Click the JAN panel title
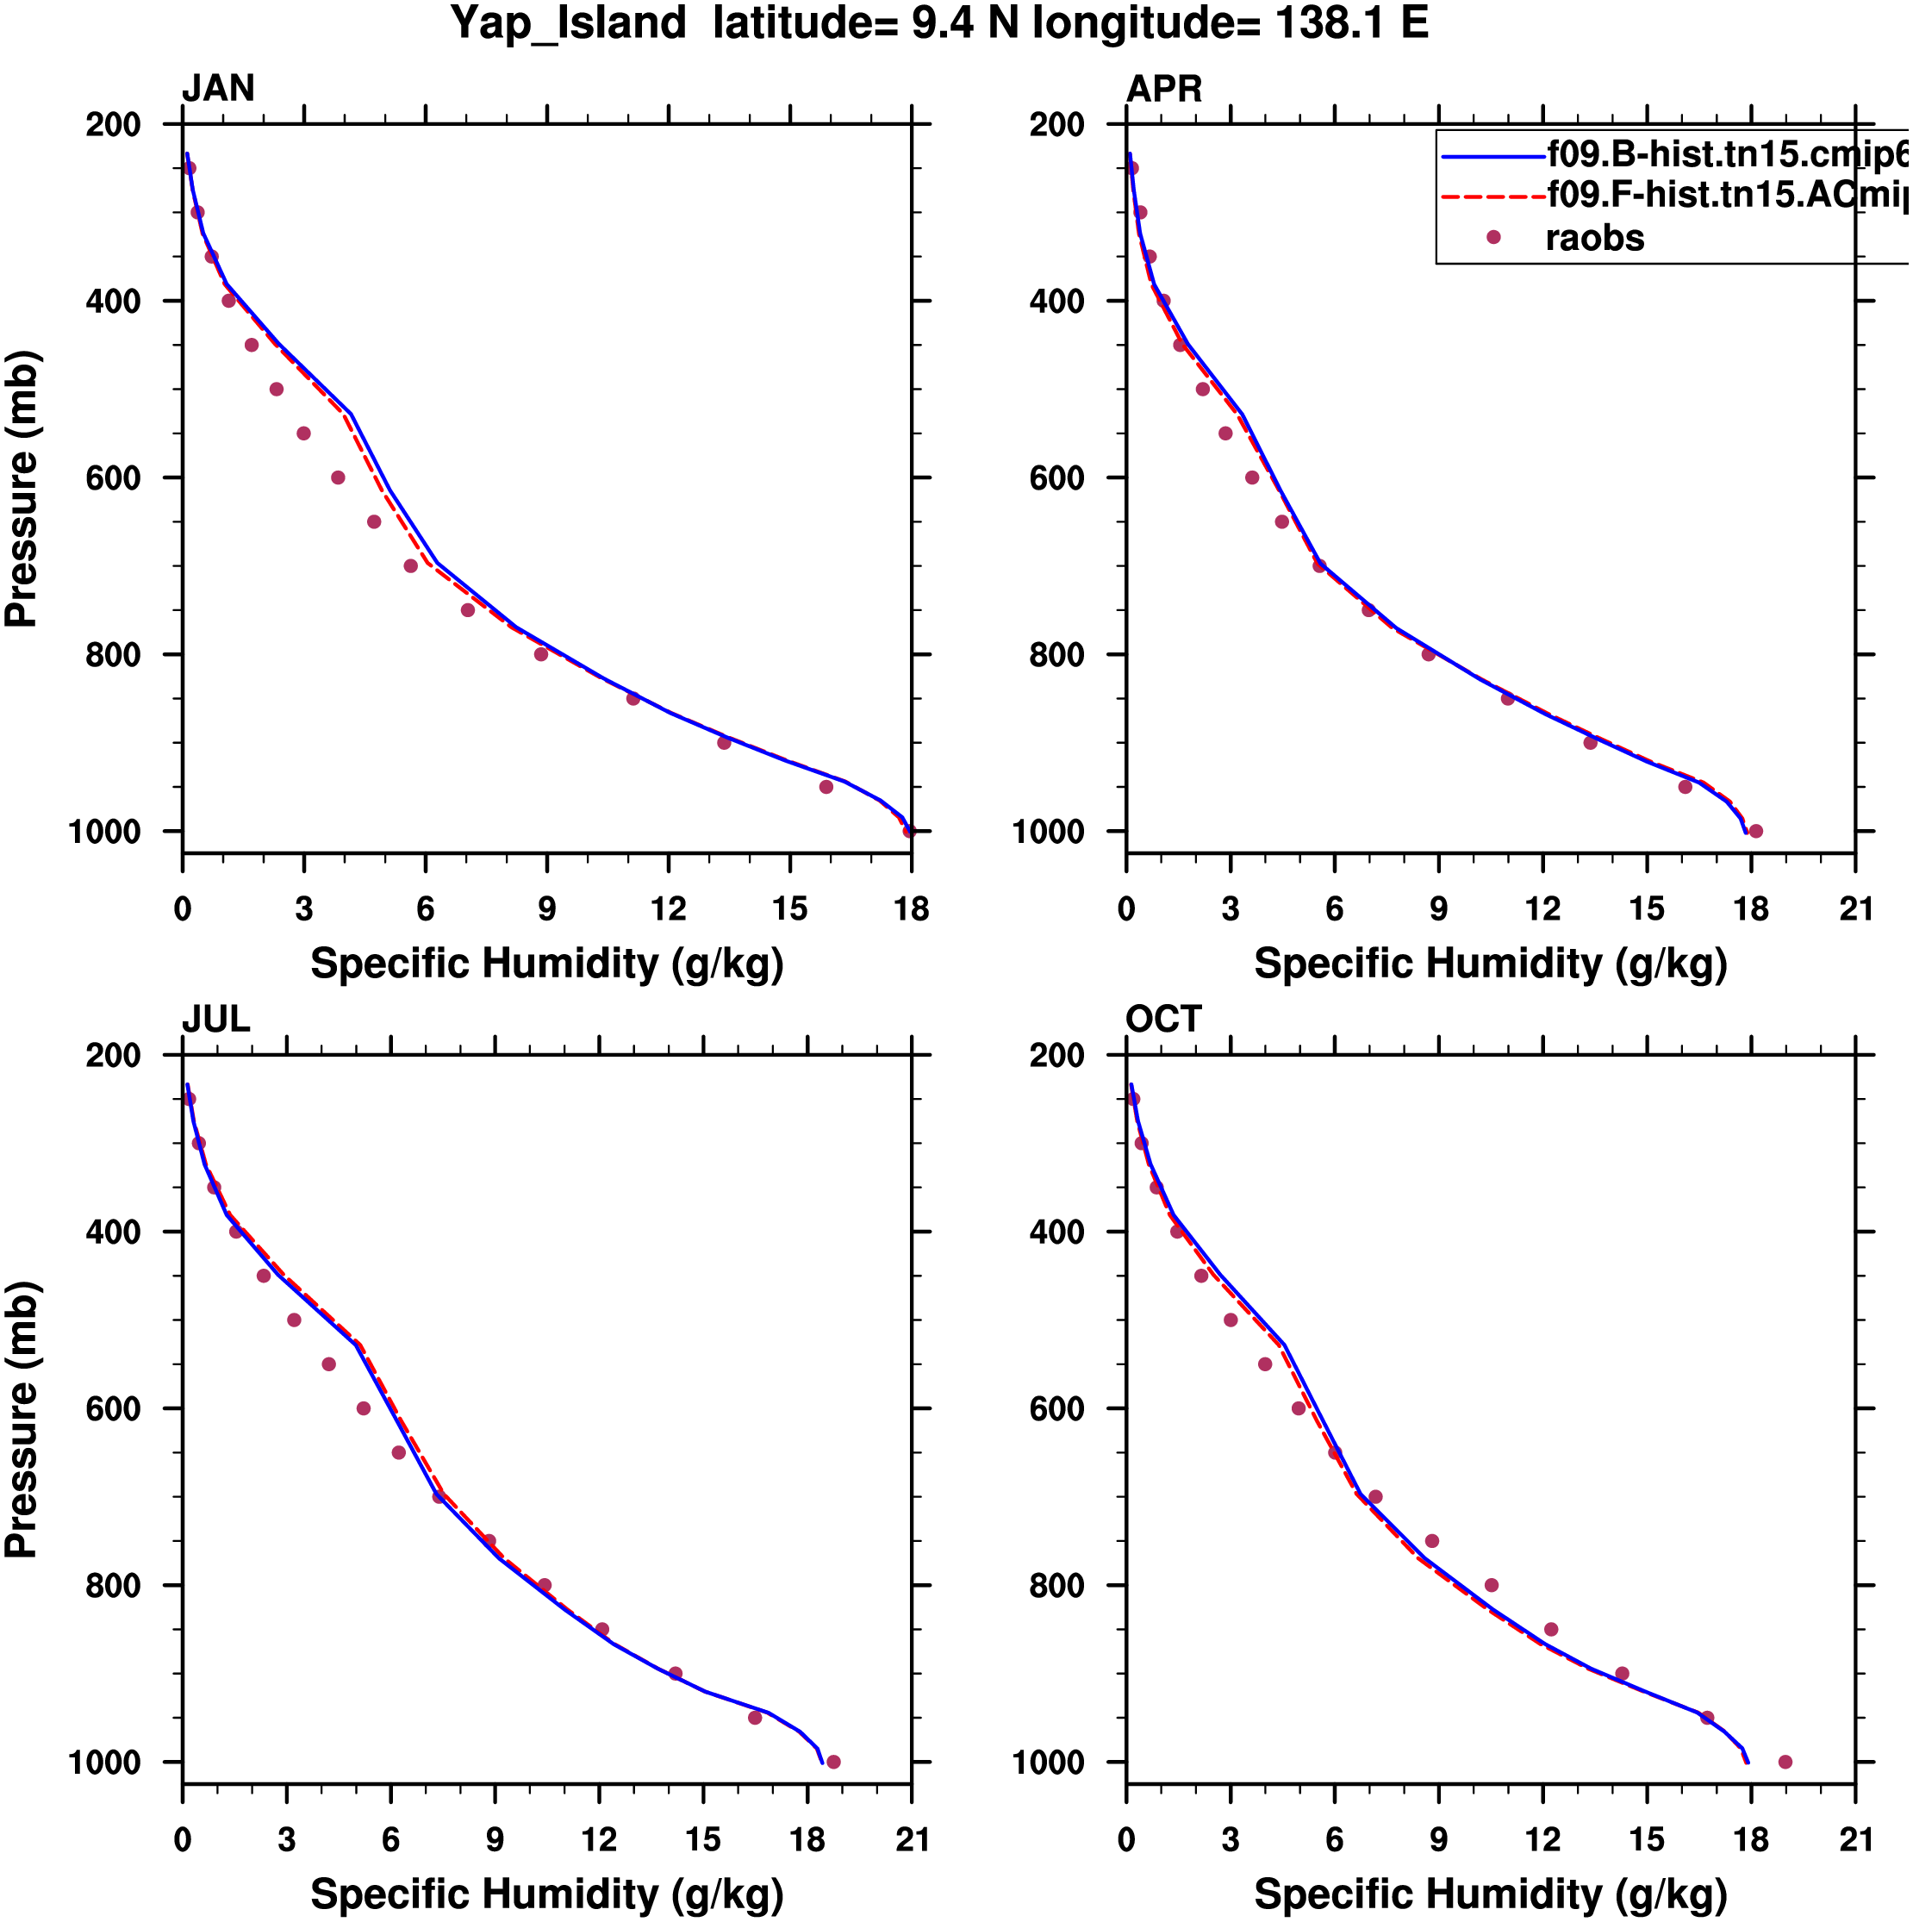point(218,89)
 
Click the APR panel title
point(1164,90)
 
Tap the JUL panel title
point(216,1020)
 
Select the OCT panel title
point(1164,1020)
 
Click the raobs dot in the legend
point(1493,237)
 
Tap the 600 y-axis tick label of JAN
point(114,478)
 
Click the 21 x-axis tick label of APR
point(1855,909)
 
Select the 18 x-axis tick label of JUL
point(807,1840)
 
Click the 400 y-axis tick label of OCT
point(1057,1232)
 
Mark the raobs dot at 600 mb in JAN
point(339,477)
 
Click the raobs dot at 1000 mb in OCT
point(1785,1763)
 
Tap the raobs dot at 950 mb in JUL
point(755,1718)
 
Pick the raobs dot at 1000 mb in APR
point(1756,832)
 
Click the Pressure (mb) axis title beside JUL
point(22,1419)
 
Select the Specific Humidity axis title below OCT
point(1490,1894)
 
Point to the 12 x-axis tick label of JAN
point(669,909)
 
